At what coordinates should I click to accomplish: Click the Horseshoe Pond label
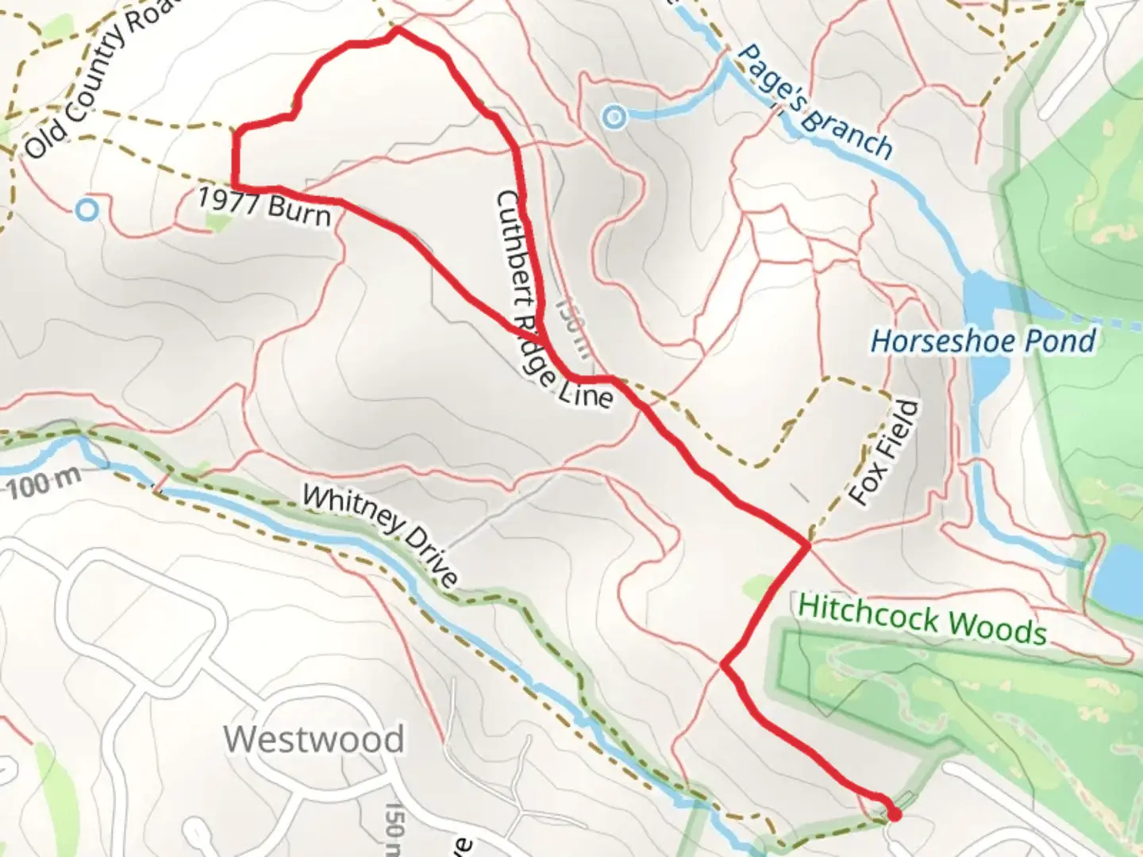pos(983,341)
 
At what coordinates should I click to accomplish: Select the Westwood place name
pos(314,740)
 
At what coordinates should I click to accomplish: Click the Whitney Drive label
pos(380,534)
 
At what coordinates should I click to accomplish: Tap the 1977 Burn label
pos(264,206)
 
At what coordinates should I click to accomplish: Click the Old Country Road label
pos(99,79)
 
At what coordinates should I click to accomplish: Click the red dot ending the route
pos(895,814)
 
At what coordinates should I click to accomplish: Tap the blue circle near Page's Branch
pos(614,118)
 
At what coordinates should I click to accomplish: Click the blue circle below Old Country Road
pos(87,210)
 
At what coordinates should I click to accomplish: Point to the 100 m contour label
pos(44,482)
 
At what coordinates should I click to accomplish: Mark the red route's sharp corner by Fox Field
pos(808,545)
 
